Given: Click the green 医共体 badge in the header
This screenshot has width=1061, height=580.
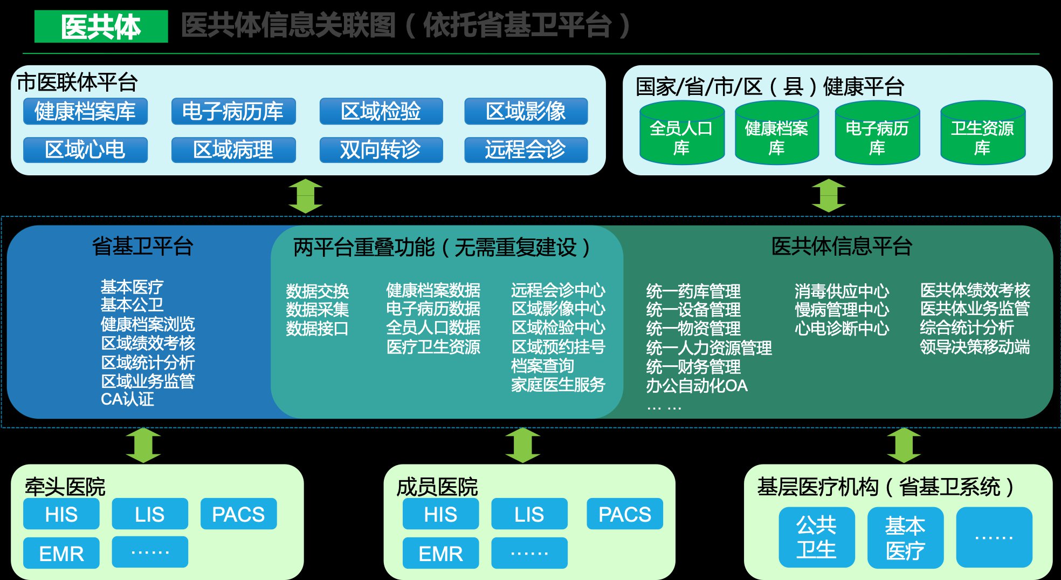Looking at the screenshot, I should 101,26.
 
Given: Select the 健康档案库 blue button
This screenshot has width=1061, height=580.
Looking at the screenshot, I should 85,112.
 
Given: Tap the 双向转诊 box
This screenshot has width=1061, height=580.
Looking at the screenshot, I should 381,150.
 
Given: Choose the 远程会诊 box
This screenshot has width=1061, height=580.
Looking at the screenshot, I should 526,150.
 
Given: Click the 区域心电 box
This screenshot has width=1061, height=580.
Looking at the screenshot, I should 85,150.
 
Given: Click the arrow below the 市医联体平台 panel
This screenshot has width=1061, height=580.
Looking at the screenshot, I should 305,196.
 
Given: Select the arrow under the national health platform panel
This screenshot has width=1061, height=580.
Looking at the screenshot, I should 829,196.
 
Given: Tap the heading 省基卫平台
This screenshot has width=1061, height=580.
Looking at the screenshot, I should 142,247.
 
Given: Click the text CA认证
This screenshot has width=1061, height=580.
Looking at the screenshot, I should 127,399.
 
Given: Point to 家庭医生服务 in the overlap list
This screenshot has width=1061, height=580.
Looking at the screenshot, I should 558,385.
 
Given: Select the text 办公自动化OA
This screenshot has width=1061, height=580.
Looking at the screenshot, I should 697,386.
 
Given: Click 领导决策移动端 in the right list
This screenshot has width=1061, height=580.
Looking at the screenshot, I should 975,346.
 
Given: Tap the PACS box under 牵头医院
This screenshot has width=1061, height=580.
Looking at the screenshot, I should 238,514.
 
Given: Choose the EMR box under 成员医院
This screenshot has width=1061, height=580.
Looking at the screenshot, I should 440,554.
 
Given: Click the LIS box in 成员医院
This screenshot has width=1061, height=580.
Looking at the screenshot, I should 529,514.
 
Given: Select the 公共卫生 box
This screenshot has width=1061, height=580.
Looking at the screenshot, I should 816,537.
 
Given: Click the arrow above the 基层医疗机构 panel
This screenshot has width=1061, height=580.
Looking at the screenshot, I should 904,445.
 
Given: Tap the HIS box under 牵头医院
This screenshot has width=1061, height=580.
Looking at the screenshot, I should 61,514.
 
